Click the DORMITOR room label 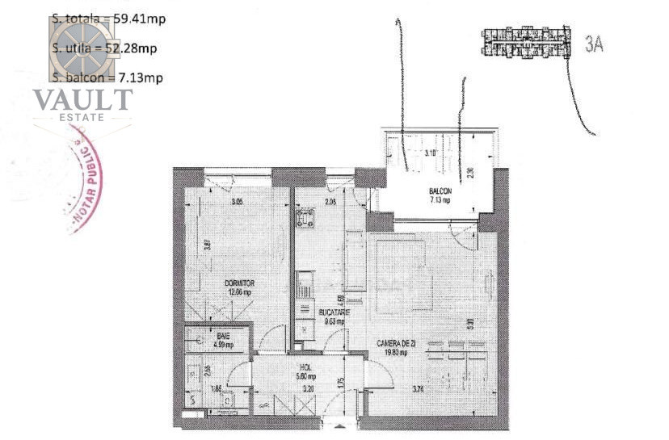(240, 283)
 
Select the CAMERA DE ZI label (397, 343)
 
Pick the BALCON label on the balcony (440, 191)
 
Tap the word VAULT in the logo (82, 100)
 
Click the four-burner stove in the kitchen (305, 218)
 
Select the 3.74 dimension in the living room (418, 390)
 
